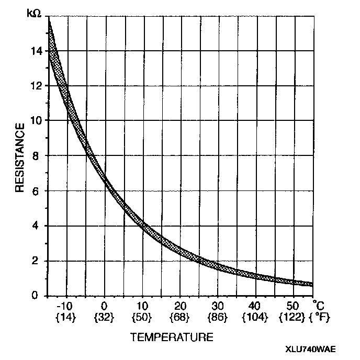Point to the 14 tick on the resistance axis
36,51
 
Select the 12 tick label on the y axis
36,85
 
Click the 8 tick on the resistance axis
38,155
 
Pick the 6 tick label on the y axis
38,190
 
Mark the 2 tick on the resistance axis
38,261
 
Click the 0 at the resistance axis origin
38,296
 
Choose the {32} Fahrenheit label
104,317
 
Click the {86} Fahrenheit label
217,317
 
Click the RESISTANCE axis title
19,157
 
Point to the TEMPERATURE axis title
172,336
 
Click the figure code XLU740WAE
311,350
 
